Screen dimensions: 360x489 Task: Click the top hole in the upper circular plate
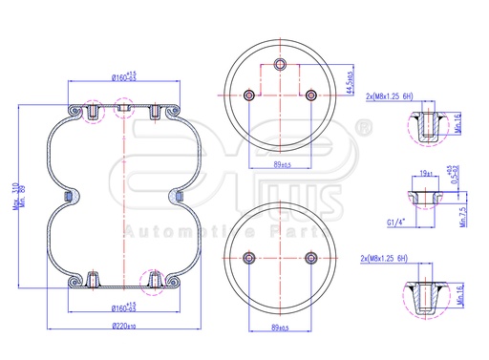tap(280, 64)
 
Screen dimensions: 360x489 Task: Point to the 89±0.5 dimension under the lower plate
tap(280, 328)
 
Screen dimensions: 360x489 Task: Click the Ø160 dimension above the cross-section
tap(124, 76)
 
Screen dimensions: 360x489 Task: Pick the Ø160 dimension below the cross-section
tap(124, 307)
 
